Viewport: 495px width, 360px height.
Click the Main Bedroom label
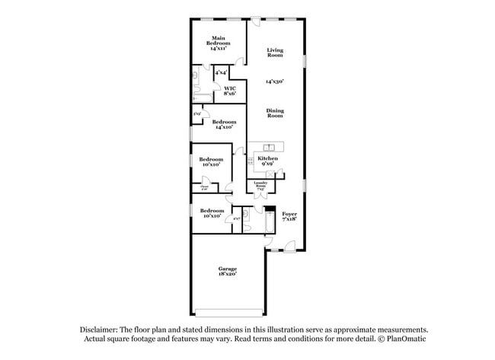point(218,43)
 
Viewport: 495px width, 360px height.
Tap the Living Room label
point(275,53)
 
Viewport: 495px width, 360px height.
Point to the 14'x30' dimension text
point(275,81)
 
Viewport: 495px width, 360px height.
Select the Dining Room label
point(275,113)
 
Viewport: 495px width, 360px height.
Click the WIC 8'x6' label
point(229,91)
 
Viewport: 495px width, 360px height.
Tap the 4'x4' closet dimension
point(221,72)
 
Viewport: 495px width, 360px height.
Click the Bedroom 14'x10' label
point(224,125)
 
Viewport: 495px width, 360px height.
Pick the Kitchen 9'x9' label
point(267,161)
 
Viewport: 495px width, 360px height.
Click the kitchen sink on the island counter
point(269,147)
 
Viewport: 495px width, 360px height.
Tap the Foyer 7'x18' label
point(289,217)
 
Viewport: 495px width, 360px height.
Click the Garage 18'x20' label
point(227,271)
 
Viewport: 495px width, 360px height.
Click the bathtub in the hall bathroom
point(267,221)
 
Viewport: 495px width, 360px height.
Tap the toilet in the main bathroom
point(195,76)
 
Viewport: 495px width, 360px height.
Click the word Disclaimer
point(101,330)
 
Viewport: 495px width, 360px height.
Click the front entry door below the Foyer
point(290,246)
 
